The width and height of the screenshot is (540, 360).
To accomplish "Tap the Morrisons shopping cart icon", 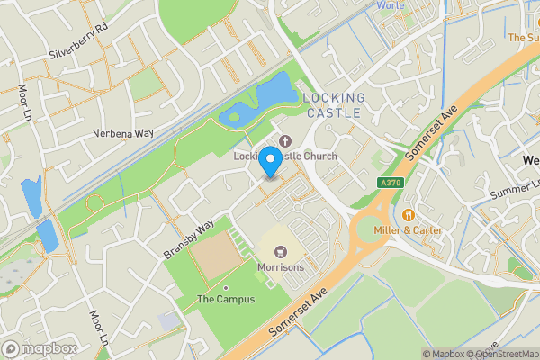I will [x=280, y=251].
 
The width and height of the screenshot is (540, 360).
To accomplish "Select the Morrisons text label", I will [x=280, y=267].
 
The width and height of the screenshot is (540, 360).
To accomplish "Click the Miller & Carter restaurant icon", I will [x=409, y=214].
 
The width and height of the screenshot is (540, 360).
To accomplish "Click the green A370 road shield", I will [x=389, y=181].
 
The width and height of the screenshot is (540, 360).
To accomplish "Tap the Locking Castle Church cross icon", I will [x=285, y=140].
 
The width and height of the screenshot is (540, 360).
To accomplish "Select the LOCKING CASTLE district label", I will [x=334, y=105].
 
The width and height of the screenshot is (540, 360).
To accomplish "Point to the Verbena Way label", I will [x=124, y=133].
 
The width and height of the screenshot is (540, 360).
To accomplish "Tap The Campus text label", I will [x=225, y=299].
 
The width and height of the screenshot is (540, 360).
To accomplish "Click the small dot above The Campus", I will [x=226, y=287].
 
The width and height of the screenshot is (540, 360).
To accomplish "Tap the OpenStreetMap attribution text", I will [x=506, y=354].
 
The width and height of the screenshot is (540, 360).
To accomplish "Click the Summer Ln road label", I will [x=514, y=190].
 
